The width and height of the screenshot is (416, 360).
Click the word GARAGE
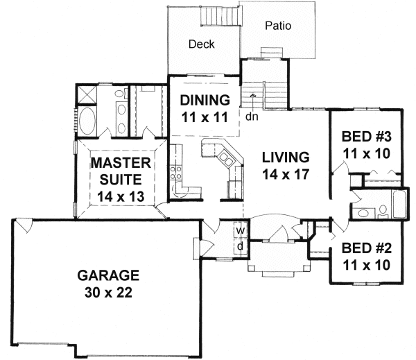coord(108,275)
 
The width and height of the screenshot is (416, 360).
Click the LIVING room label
coord(285,156)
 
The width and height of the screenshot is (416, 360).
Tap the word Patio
coord(277,27)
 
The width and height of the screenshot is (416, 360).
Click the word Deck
coord(202,44)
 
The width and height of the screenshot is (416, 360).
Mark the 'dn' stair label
coord(251,117)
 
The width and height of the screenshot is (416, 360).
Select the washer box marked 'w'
coord(241,230)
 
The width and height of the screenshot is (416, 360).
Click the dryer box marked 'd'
coord(241,247)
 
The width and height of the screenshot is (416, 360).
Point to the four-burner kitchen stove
coord(175,173)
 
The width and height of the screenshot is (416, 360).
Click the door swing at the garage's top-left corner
coord(22,226)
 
